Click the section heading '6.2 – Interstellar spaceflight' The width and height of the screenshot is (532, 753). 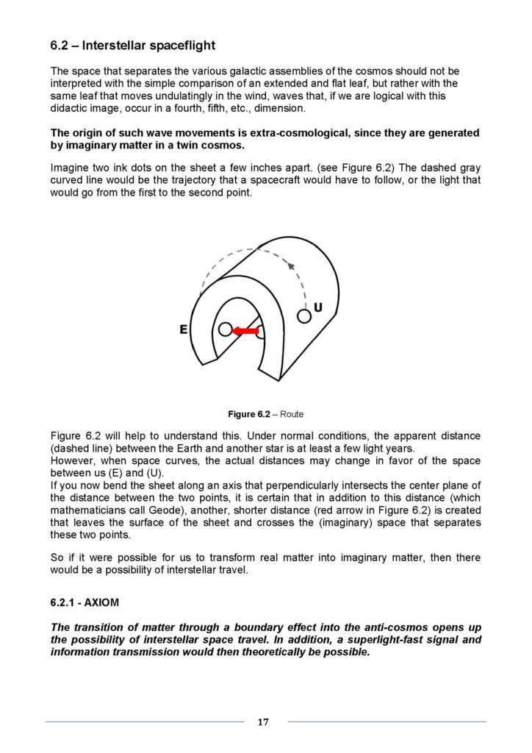pyautogui.click(x=132, y=46)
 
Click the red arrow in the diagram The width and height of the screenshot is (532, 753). pyautogui.click(x=246, y=332)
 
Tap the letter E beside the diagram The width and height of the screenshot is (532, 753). pyautogui.click(x=184, y=331)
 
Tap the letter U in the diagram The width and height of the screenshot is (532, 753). pyautogui.click(x=318, y=306)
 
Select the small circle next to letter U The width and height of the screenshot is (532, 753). pyautogui.click(x=303, y=316)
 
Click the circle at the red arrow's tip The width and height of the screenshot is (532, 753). pyautogui.click(x=225, y=330)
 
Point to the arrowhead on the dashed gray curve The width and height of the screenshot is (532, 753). pyautogui.click(x=291, y=265)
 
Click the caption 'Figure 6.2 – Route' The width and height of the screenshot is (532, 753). pyautogui.click(x=265, y=414)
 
